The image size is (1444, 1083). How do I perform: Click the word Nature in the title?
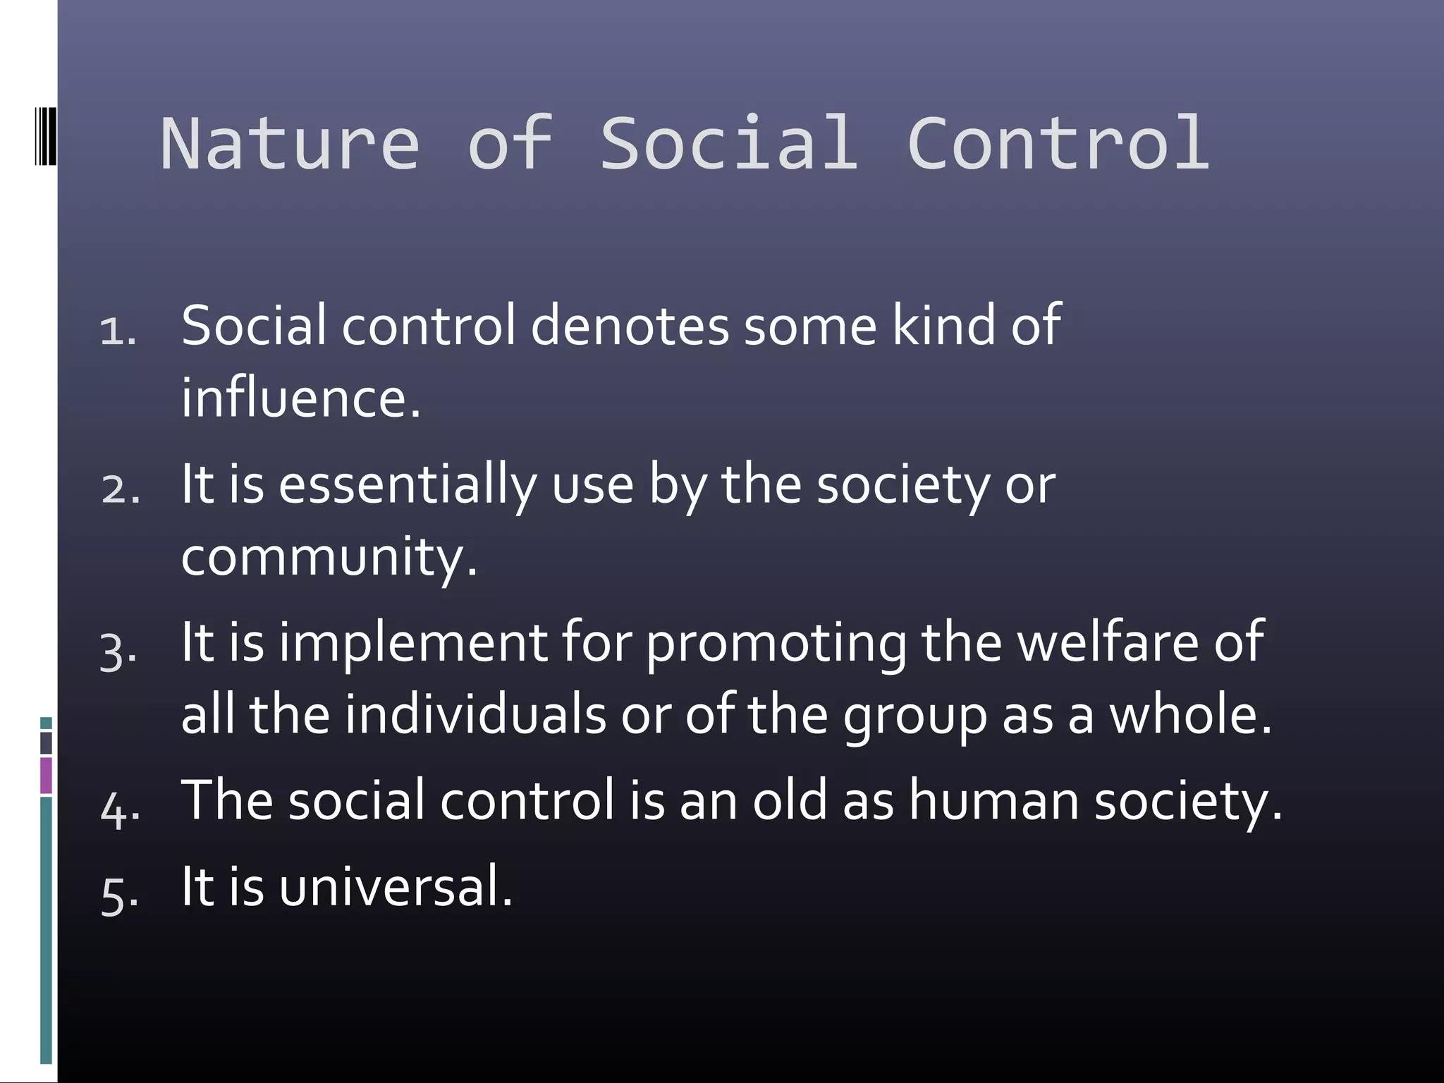(x=290, y=144)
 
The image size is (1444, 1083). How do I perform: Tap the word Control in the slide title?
(x=1058, y=144)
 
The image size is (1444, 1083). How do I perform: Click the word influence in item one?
(x=300, y=398)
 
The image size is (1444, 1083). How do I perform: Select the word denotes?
(x=630, y=326)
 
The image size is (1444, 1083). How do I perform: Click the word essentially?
(x=408, y=487)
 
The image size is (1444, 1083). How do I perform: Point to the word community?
(x=329, y=557)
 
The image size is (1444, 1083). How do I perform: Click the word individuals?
(x=475, y=714)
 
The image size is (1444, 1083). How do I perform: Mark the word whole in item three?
(x=1190, y=714)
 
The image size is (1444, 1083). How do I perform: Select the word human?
(x=993, y=801)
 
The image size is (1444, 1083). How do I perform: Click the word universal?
(x=395, y=887)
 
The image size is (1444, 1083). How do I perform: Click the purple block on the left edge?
(x=46, y=775)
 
